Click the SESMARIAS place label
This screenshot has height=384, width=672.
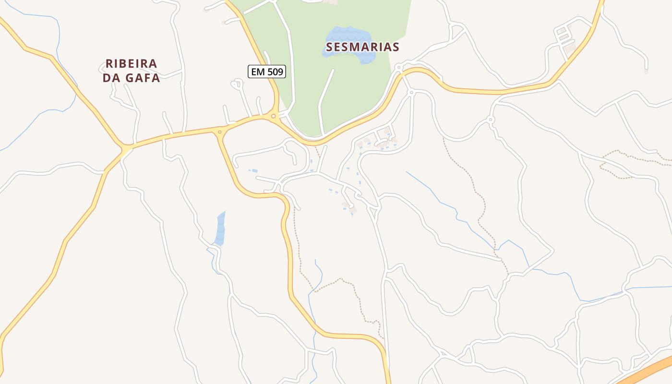click(x=362, y=47)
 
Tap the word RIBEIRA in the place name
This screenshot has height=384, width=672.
click(x=131, y=64)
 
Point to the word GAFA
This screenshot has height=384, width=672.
click(x=143, y=78)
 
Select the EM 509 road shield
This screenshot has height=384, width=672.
click(x=267, y=72)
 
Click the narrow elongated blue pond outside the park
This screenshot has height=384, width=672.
click(x=220, y=228)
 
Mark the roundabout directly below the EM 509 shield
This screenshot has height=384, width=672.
click(x=274, y=116)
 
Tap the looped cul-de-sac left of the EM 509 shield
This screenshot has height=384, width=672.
click(x=236, y=84)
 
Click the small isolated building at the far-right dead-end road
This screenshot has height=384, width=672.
click(x=646, y=72)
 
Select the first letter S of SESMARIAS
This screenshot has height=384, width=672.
click(x=329, y=47)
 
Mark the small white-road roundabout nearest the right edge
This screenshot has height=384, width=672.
click(x=490, y=119)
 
